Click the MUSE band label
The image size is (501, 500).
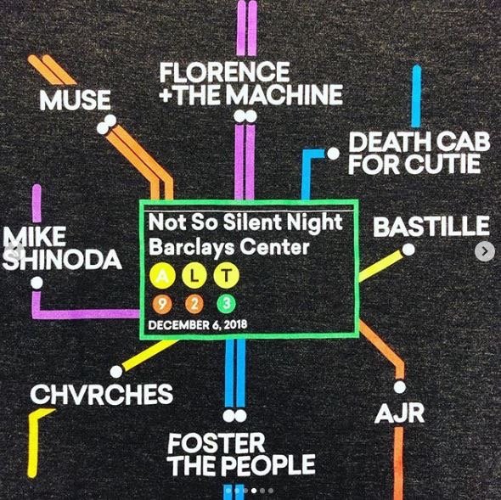[x=75, y=99]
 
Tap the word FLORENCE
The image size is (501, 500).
[x=225, y=72]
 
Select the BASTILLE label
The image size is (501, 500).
[x=431, y=226]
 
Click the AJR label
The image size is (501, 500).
[x=400, y=413]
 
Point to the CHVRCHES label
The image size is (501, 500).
[x=102, y=394]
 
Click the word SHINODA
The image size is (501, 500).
[x=62, y=260]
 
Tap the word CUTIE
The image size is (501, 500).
[x=443, y=164]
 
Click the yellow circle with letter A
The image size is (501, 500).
[x=163, y=276]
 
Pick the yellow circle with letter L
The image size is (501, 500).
[x=194, y=276]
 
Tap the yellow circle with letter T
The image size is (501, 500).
[x=226, y=276]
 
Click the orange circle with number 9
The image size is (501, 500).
[x=162, y=304]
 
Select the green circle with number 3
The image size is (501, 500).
[x=226, y=304]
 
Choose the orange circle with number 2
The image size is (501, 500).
[x=194, y=304]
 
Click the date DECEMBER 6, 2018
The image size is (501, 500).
[x=198, y=324]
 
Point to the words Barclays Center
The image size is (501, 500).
[x=229, y=248]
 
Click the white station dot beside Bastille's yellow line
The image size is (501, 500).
[x=408, y=250]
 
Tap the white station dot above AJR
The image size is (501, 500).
[x=400, y=387]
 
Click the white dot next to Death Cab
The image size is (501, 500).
[x=333, y=154]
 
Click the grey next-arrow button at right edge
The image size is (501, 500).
[x=485, y=252]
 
